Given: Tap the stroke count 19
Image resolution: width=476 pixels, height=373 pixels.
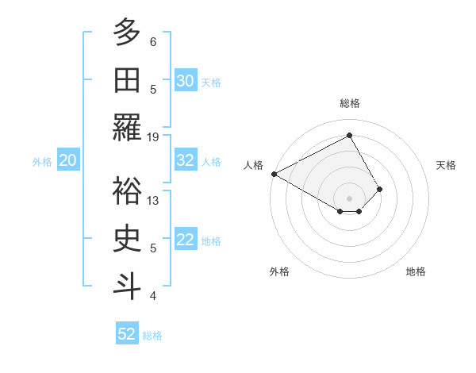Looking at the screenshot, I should tap(153, 137).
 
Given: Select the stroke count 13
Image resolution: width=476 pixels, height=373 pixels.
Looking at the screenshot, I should tap(153, 200).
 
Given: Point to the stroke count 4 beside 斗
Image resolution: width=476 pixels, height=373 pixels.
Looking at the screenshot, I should tap(153, 295).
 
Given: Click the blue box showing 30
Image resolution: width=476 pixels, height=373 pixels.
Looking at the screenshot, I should tap(186, 81).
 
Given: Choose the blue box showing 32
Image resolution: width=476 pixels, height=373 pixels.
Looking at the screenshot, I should tap(186, 160).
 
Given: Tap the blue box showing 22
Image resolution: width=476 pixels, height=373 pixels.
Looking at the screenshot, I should tap(186, 240).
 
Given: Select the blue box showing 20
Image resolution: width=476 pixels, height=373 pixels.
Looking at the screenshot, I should tap(67, 161).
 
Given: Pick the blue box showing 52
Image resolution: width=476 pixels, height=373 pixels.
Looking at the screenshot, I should tap(127, 334).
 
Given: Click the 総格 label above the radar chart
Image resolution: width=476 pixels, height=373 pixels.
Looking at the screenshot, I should tap(350, 103).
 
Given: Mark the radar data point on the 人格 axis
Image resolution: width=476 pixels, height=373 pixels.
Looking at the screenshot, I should tap(274, 174).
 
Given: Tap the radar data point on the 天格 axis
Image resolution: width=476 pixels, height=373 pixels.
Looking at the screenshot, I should tap(380, 189).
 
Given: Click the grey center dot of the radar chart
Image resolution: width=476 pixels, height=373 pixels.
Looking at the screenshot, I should tap(349, 198).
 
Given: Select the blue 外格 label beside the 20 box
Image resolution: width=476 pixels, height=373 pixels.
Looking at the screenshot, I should tap(42, 162).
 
